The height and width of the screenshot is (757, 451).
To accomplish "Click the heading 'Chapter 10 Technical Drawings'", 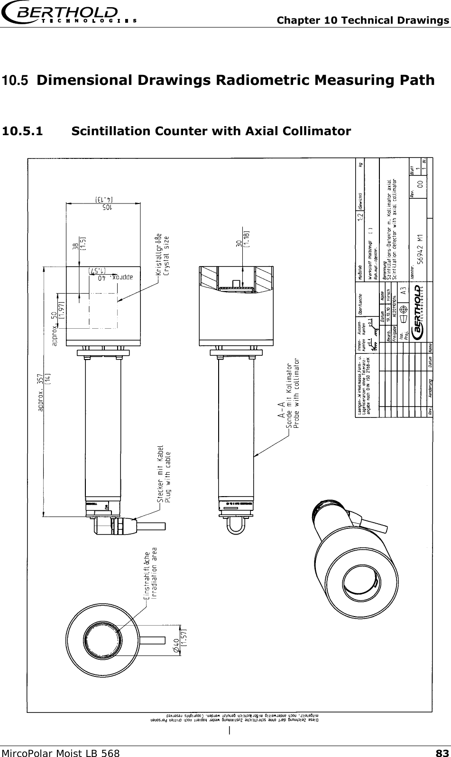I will click(363, 20).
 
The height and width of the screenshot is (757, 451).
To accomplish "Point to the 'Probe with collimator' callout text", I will click(297, 394).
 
